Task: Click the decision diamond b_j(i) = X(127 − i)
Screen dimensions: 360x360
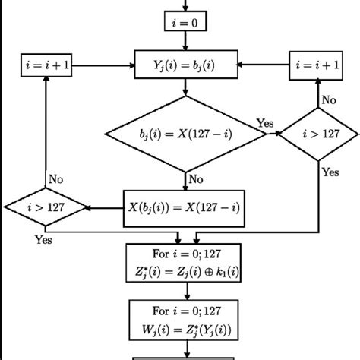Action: pos(185,134)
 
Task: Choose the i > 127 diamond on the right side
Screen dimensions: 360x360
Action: pos(317,133)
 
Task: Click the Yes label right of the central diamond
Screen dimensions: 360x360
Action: pos(265,122)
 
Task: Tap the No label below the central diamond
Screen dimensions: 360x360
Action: pos(196,181)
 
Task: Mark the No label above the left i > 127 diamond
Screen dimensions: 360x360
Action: pos(56,179)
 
